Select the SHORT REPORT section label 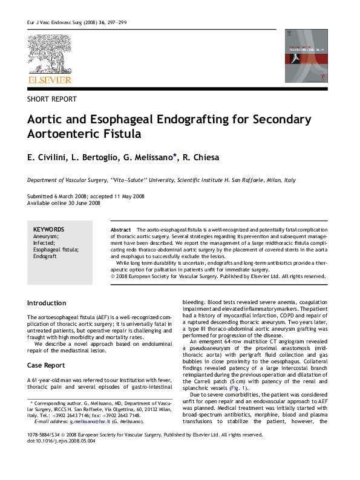pos(52,99)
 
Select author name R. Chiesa pos(202,158)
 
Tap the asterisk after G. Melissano pos(175,156)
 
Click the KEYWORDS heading pos(48,230)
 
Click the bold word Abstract pos(121,230)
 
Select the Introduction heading pos(47,303)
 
